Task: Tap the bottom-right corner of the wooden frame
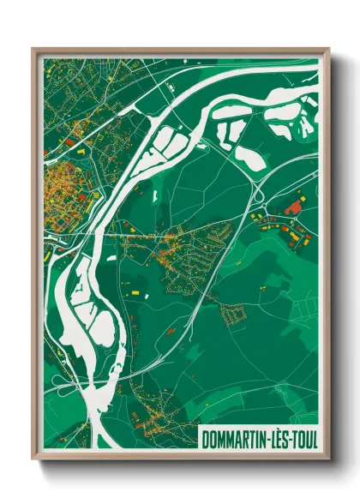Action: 328,459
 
